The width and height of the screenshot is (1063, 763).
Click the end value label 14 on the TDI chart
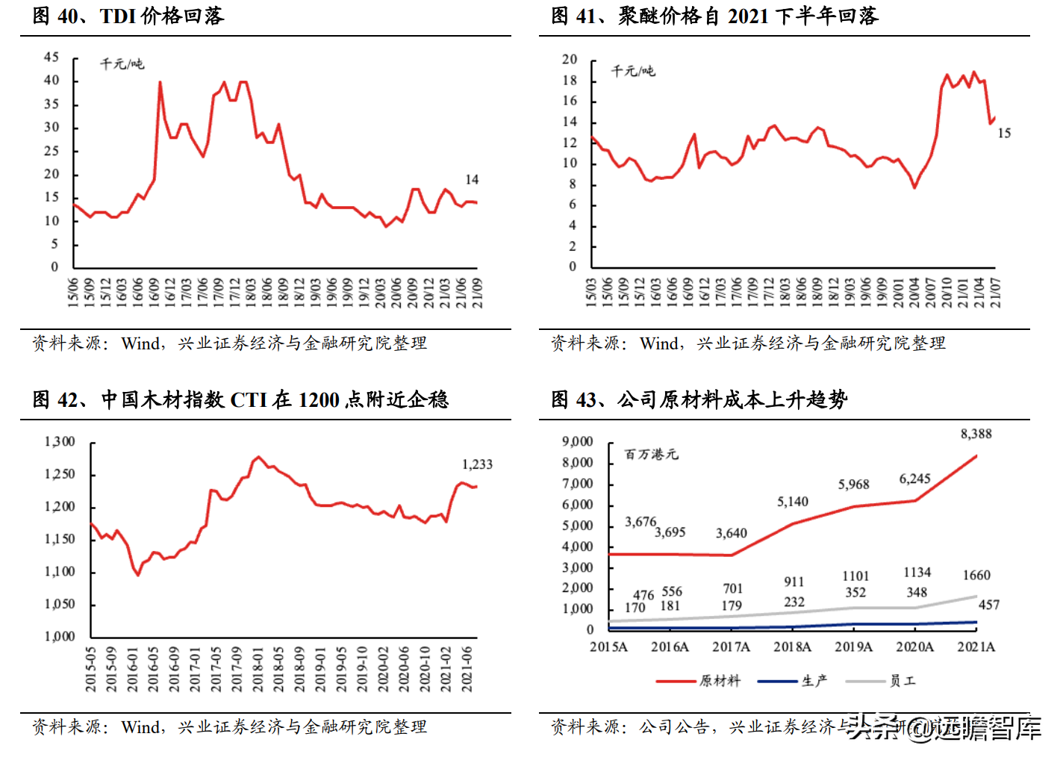click(x=472, y=180)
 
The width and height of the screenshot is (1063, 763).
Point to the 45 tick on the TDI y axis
click(x=52, y=57)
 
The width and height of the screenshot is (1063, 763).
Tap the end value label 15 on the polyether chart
click(x=1004, y=134)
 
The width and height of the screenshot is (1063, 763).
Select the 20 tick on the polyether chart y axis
click(x=570, y=60)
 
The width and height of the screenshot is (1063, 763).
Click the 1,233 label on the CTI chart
click(x=477, y=464)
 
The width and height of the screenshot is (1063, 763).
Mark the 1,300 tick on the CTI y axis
click(x=60, y=442)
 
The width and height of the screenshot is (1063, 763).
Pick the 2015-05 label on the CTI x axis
click(x=91, y=669)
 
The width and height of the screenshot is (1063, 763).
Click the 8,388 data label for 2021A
click(x=976, y=435)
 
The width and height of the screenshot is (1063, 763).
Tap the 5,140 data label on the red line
click(x=792, y=502)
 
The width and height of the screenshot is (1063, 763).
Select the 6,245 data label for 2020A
click(x=914, y=479)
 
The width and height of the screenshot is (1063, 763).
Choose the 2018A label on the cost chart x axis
click(x=792, y=647)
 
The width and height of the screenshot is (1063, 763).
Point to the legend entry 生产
click(x=814, y=681)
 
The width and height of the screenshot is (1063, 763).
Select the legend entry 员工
click(x=902, y=681)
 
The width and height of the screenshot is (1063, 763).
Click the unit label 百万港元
click(x=651, y=455)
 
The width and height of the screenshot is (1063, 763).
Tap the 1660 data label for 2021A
click(x=976, y=576)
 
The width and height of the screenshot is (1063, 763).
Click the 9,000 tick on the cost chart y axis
click(x=578, y=442)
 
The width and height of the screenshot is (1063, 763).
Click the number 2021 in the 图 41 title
click(x=748, y=16)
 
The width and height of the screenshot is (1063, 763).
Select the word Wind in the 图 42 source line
click(x=140, y=727)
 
